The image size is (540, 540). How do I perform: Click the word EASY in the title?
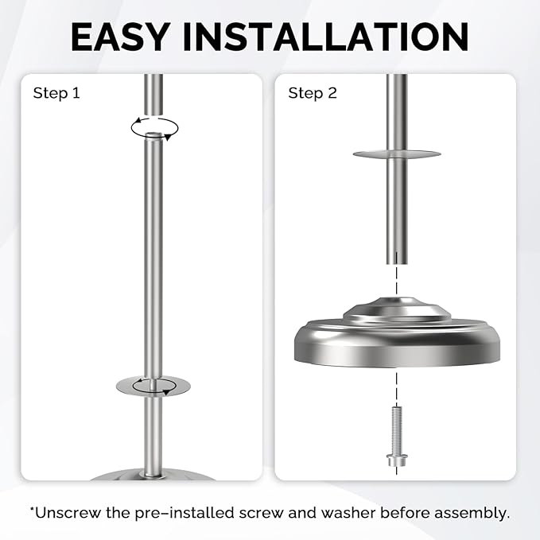[x=120, y=37]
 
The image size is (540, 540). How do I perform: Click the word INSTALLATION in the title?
[x=325, y=37]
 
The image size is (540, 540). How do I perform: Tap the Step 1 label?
[x=56, y=93]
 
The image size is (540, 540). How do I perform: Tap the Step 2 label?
[x=313, y=93]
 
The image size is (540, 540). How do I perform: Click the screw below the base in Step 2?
[x=397, y=437]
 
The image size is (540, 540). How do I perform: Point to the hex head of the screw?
[x=397, y=460]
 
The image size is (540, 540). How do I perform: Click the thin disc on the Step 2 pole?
[x=397, y=154]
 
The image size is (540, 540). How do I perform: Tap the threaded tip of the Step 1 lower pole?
[x=153, y=134]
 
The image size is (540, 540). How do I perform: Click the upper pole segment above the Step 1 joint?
[x=153, y=94]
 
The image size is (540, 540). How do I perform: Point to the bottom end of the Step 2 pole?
[x=397, y=263]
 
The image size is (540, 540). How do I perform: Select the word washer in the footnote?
[x=348, y=513]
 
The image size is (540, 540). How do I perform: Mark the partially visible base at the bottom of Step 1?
[x=153, y=476]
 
